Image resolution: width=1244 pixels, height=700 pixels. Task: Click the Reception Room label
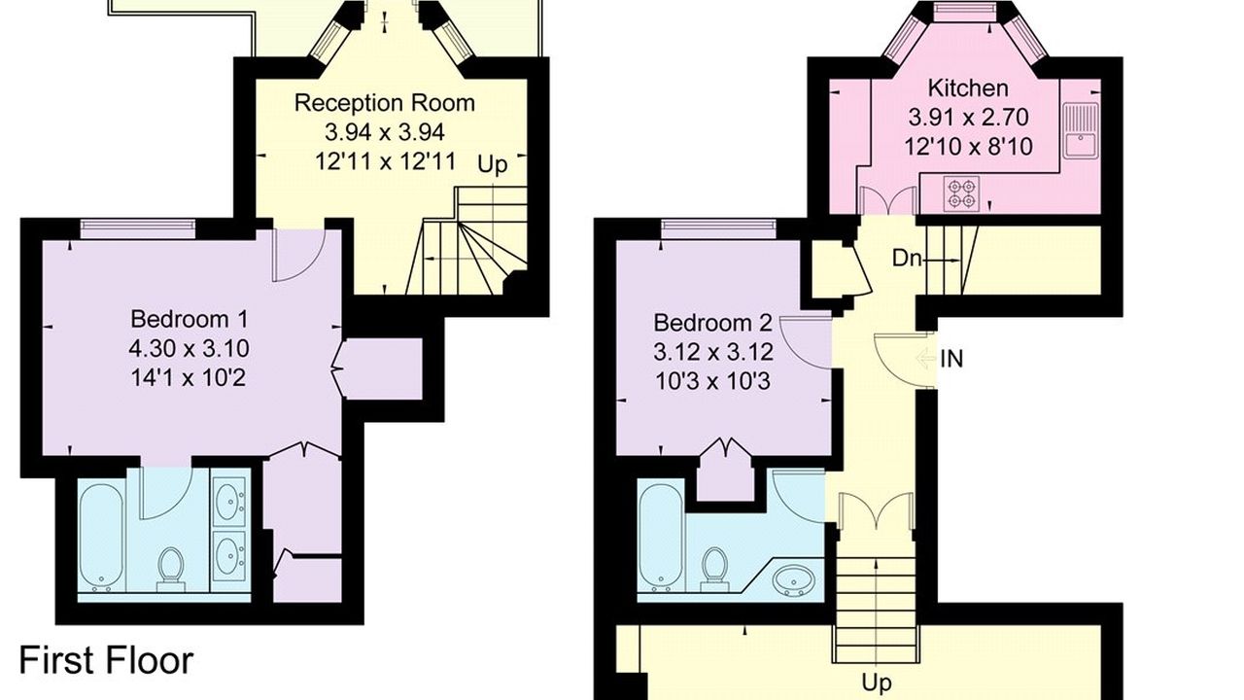384,103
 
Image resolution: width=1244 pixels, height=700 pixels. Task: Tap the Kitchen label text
968,88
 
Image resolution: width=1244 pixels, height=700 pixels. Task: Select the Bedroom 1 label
189,320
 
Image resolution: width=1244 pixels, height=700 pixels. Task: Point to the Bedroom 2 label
713,323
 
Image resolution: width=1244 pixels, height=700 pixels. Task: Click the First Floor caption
107,660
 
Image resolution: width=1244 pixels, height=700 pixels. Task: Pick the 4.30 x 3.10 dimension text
189,349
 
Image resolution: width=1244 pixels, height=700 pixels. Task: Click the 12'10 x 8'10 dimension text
969,147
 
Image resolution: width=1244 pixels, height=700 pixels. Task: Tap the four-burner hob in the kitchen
961,193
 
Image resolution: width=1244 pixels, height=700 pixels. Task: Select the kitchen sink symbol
1082,130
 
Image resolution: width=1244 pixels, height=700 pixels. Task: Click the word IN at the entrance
951,360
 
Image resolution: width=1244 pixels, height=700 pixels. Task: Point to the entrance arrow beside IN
926,359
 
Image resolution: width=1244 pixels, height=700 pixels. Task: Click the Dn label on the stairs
907,259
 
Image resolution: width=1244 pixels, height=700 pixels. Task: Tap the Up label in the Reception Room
493,165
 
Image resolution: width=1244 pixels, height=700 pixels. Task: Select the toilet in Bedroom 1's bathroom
170,569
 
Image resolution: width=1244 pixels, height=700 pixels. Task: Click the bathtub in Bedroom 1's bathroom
100,539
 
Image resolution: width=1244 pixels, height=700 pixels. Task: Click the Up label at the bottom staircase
877,682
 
